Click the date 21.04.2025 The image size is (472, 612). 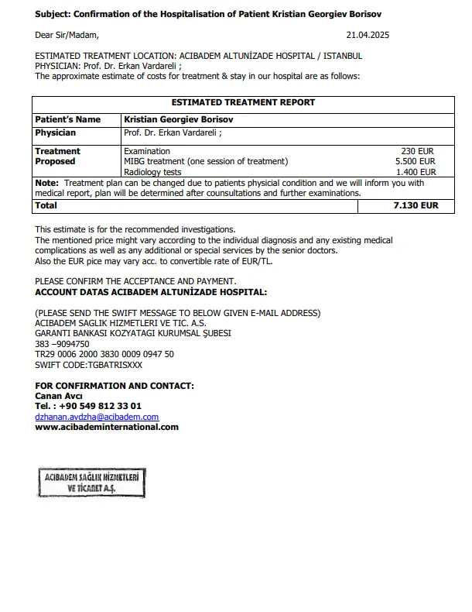point(367,35)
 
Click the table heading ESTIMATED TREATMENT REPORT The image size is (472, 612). point(243,102)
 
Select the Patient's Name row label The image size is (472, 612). point(68,120)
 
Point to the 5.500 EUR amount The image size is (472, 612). point(416,161)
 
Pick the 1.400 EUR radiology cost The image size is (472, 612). point(416,172)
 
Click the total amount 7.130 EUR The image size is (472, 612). point(416,206)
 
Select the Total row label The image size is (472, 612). point(46,206)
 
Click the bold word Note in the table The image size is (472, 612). point(47,183)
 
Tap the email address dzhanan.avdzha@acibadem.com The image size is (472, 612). point(97,416)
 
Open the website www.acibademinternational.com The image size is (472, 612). point(107,427)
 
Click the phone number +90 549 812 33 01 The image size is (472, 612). point(98,406)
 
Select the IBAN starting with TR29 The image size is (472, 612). point(104,353)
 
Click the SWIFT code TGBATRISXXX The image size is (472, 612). point(89,364)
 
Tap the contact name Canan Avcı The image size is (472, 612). point(59,396)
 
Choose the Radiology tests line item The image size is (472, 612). point(152,172)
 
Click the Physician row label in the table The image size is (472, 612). point(56,132)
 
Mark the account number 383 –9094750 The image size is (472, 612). point(62,343)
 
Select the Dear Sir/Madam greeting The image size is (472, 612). point(67,35)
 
